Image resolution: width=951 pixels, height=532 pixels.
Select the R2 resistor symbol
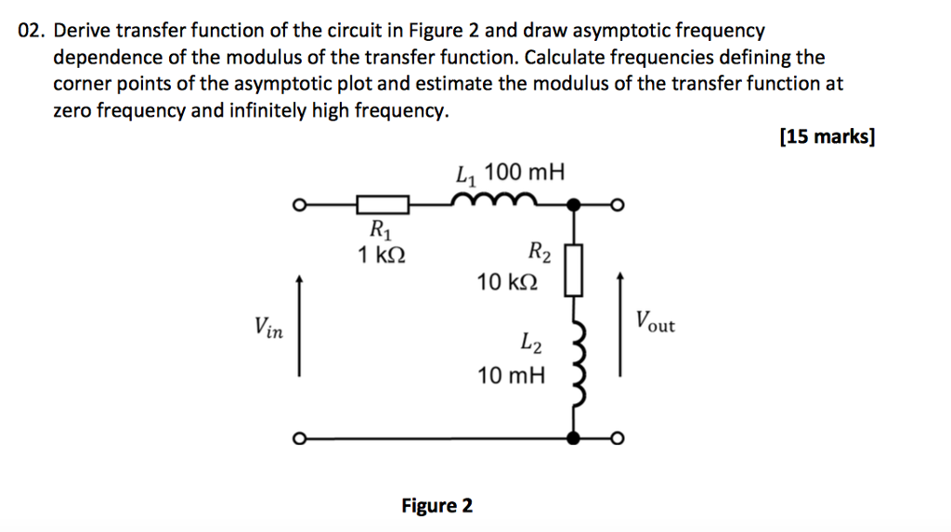point(575,270)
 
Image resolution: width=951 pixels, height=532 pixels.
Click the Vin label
point(269,327)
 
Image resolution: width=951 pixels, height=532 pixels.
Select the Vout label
point(656,323)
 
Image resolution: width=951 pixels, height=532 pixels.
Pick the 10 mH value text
point(512,376)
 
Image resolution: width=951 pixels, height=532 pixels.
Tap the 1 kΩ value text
point(381,254)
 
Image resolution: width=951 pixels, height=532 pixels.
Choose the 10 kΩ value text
point(507,281)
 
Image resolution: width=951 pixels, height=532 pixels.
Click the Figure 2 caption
point(436,506)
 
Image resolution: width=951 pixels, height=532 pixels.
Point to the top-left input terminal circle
point(299,205)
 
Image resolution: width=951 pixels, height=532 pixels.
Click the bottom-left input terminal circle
point(299,438)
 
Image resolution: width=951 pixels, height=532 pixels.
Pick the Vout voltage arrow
point(620,325)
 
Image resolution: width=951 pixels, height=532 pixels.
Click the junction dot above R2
point(576,204)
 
